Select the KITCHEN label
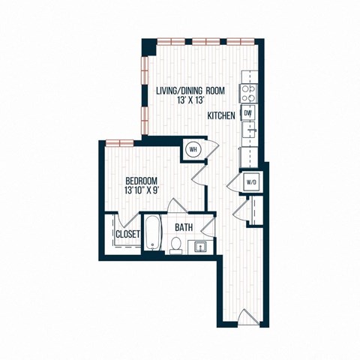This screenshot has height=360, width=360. tap(223, 115)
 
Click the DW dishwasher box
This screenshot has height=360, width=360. tap(247, 112)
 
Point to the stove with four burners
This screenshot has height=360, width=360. tap(247, 93)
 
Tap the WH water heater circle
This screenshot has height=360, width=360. tap(193, 149)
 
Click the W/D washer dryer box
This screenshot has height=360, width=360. tap(250, 182)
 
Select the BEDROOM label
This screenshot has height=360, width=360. tap(141, 181)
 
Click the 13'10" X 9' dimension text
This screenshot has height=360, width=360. tap(141, 191)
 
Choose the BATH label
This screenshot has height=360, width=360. tap(184, 226)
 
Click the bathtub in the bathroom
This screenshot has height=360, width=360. tap(151, 234)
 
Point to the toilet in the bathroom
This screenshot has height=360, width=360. tap(175, 244)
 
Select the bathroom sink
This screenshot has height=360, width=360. tap(200, 245)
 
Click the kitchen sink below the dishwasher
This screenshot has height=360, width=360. tap(248, 133)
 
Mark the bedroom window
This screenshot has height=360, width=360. tap(118, 142)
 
